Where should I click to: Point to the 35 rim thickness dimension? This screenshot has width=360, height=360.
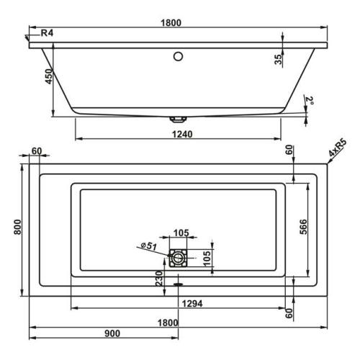(x=279, y=59)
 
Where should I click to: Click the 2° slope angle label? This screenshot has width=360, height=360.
(x=310, y=99)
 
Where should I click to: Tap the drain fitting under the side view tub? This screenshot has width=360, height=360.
(x=177, y=118)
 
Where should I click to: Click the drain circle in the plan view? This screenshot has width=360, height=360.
(x=178, y=257)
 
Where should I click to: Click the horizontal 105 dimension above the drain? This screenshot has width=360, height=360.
(x=181, y=232)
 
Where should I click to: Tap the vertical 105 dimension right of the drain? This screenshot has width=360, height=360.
(x=207, y=256)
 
